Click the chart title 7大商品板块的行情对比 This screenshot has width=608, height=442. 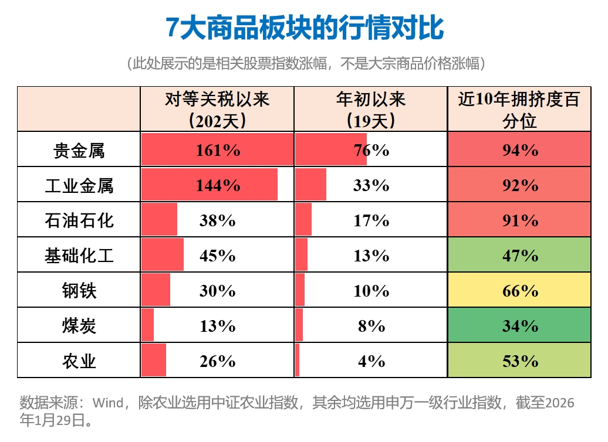point(305,28)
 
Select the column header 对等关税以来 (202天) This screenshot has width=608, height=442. point(217,109)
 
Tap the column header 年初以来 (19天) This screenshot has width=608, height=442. point(371,109)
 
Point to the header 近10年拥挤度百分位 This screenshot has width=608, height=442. point(519,109)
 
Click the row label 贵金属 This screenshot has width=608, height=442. point(79,150)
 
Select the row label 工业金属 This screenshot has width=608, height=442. point(79,185)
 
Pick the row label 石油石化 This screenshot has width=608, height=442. point(79,220)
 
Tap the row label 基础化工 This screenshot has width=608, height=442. point(79,256)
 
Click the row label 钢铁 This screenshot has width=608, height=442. point(79,291)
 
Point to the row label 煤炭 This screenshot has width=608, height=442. point(79,326)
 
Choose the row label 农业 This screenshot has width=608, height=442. point(79,361)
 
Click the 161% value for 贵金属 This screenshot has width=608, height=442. point(217,150)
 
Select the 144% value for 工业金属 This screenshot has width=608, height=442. point(217,185)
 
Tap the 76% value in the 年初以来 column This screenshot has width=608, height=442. point(371,150)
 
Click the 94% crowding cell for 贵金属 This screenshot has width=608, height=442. point(520,150)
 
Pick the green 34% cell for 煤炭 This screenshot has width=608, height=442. point(520,326)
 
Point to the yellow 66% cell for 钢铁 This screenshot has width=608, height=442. point(520,291)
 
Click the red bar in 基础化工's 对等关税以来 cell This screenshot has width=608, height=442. point(163,255)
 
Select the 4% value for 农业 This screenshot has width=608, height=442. point(371,361)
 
